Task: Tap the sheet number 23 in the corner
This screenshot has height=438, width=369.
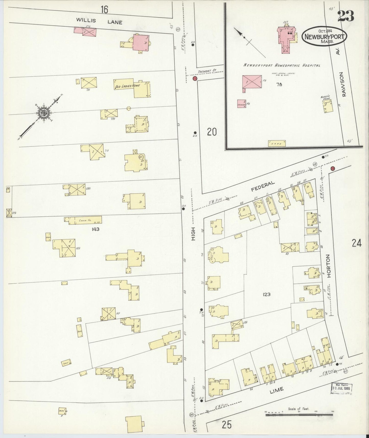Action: click(346, 16)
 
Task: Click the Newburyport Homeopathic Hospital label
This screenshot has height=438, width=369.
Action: click(282, 65)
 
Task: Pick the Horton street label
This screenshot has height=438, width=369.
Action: click(328, 266)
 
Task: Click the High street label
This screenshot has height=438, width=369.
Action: click(193, 234)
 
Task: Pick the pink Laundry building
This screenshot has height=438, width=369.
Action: click(242, 103)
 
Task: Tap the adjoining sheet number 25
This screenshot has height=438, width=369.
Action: click(227, 425)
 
